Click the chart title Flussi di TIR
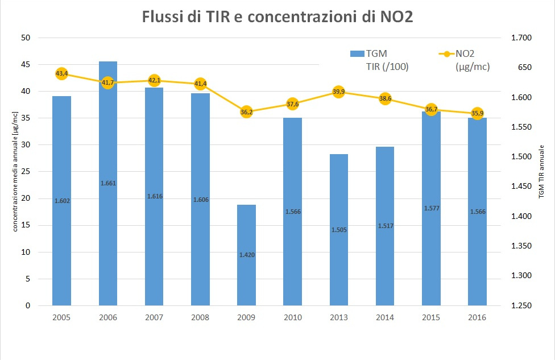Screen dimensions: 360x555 (277, 17)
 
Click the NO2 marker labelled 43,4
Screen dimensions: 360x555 (61, 73)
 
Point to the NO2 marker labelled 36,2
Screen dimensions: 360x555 (247, 112)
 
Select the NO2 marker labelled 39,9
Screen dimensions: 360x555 (339, 92)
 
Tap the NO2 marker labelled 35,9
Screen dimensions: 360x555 (478, 113)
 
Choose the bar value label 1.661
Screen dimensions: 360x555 (108, 183)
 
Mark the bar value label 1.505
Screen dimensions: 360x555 (339, 230)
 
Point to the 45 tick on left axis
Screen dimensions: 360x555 (26, 65)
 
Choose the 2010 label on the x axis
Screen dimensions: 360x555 (293, 317)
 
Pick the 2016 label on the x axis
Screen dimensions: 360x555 (478, 317)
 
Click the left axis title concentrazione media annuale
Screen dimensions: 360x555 (16, 171)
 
